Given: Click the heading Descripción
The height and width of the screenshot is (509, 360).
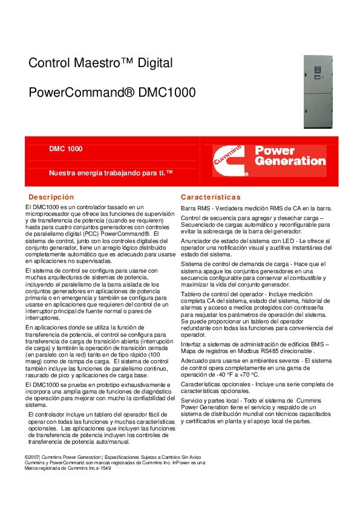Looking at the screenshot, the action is (x=51, y=197).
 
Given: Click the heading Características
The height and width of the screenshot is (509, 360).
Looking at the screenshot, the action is (x=211, y=197).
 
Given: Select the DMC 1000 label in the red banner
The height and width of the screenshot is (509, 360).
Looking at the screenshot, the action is (x=66, y=149).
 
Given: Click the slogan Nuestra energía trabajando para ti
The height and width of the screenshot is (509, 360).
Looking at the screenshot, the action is (x=111, y=173).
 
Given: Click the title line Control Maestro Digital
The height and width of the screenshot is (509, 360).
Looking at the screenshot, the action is (x=100, y=63).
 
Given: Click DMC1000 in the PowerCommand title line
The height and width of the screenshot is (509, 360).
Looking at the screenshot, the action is (x=167, y=93).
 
